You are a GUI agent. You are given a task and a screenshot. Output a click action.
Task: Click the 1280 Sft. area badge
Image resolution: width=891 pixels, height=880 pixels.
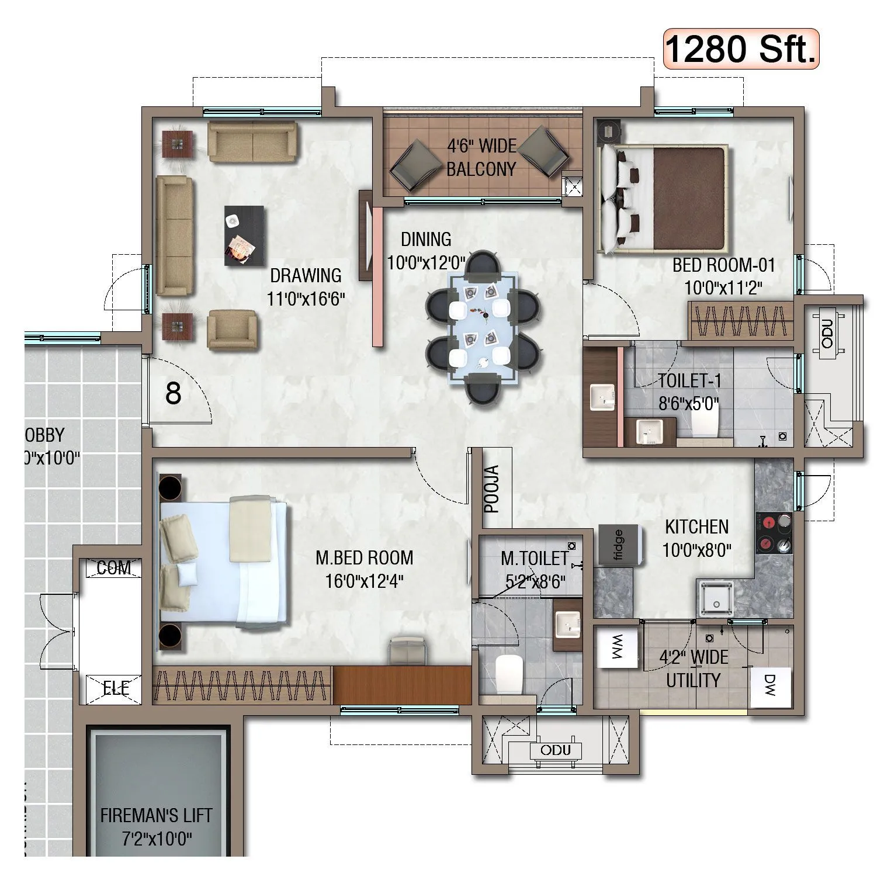pos(741,50)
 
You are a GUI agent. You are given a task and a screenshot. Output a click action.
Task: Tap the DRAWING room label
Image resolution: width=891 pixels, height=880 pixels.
pos(306,275)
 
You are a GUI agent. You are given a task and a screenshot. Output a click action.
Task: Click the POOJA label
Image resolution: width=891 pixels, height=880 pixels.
pos(493,489)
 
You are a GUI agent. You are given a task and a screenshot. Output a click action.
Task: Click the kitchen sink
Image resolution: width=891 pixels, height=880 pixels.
pos(714,598)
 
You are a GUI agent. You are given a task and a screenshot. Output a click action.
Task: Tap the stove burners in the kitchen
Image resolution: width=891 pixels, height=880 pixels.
pos(774,533)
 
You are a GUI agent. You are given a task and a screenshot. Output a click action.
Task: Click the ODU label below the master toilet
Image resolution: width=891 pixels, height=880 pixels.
pos(555,750)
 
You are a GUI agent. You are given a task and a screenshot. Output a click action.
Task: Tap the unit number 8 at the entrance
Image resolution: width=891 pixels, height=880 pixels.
pos(173,394)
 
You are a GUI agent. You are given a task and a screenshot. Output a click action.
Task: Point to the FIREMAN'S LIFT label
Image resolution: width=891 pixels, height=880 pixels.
pos(156,815)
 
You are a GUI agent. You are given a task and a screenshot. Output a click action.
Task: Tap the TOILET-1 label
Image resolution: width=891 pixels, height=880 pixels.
pos(689,381)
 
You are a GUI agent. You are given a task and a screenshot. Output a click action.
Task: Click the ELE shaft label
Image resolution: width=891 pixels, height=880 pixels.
pos(116,688)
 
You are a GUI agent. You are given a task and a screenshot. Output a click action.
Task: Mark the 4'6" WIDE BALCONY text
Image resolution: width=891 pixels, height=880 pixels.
pos(481,157)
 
